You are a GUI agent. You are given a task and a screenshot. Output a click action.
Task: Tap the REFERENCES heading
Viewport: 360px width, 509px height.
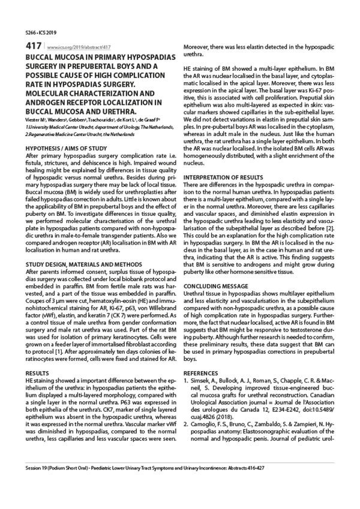coord(202,372)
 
